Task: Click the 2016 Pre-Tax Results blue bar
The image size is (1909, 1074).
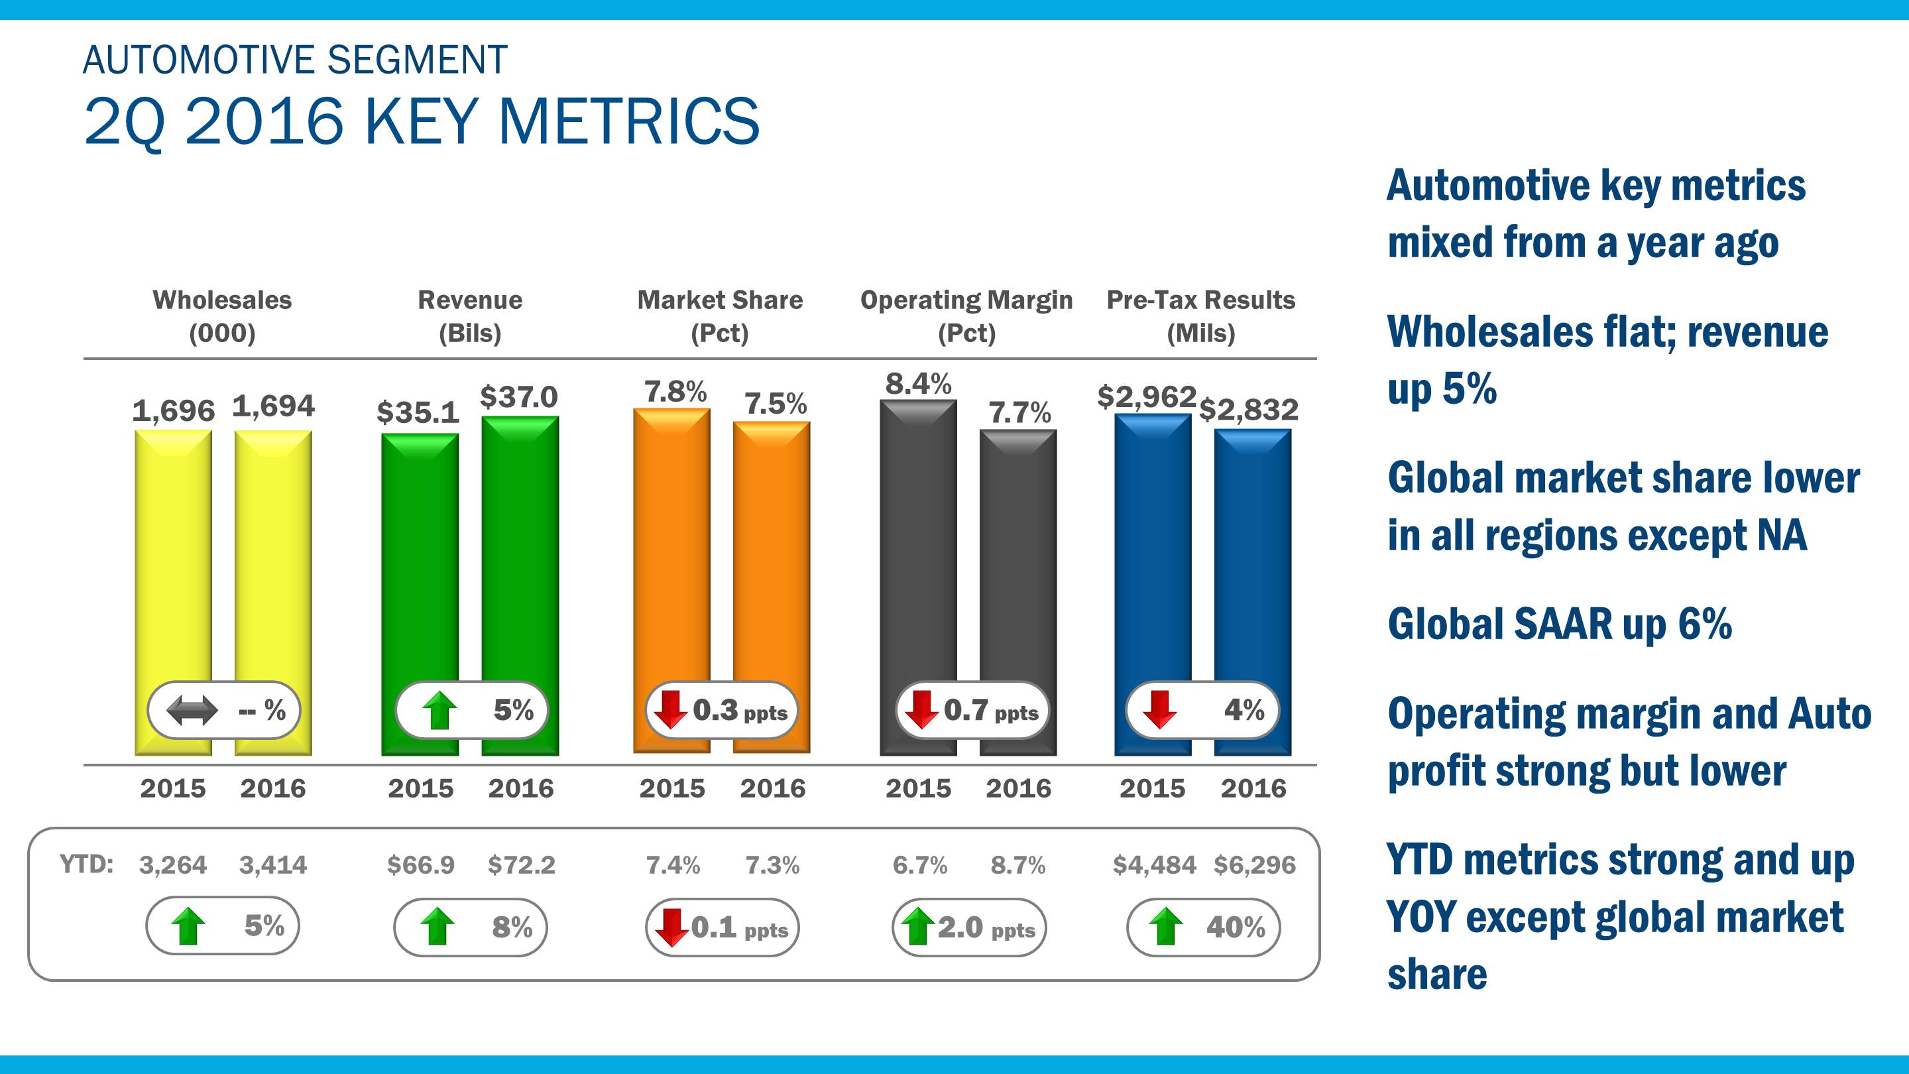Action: coord(1252,556)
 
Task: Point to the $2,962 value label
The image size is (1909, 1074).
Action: coord(1147,396)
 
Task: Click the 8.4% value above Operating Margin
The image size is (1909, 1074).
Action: coord(918,384)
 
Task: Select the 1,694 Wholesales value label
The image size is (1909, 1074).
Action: coord(274,406)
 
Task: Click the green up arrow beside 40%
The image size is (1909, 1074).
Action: coord(1166,927)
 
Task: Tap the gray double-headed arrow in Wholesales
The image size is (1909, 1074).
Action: coord(192,711)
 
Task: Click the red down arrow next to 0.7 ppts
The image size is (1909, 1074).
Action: coord(922,710)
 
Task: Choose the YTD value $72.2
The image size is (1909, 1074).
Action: coord(521,865)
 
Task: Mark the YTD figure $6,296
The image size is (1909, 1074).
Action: coord(1255,865)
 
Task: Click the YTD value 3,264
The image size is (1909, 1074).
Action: coord(172,865)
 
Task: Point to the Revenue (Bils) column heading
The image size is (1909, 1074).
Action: coord(470,316)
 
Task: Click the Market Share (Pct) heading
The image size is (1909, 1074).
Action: coord(720,316)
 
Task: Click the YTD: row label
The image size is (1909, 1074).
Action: coord(86,865)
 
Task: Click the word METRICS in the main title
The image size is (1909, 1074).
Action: coord(629,121)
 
